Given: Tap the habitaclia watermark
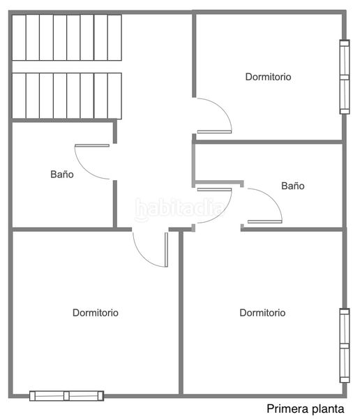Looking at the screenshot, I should [x=180, y=207].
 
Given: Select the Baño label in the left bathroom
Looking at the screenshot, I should [x=61, y=175].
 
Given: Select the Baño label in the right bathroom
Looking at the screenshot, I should [x=293, y=186].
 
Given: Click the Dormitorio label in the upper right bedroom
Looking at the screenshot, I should [x=268, y=77].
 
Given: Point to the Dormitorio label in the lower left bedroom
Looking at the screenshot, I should [x=96, y=313].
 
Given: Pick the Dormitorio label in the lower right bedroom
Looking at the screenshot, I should [x=262, y=313].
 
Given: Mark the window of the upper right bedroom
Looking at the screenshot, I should [x=344, y=77].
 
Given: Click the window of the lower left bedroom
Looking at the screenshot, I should [x=66, y=396].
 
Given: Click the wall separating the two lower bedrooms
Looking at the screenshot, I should [x=181, y=314].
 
